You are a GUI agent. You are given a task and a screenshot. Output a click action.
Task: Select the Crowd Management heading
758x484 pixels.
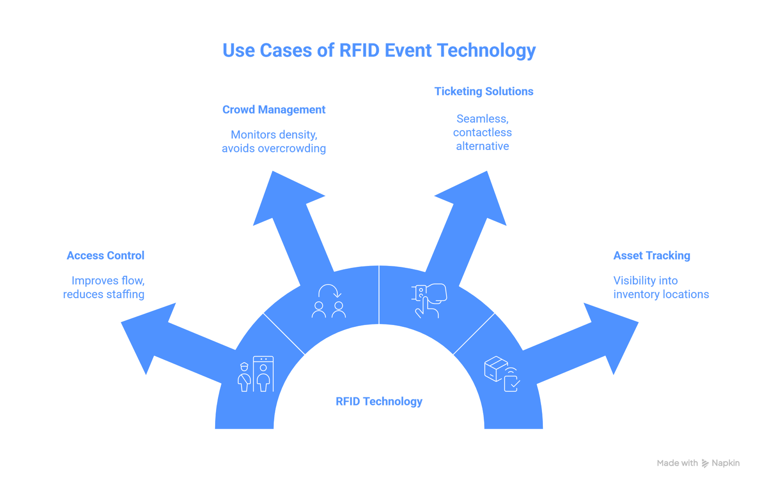click(274, 110)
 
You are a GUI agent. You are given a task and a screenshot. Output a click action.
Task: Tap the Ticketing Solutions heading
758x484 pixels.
click(484, 91)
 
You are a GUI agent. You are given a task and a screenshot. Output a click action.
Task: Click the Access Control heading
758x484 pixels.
click(105, 256)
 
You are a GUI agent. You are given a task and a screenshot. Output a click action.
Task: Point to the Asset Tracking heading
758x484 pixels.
click(651, 256)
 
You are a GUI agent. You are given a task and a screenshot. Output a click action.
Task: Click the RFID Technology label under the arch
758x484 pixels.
click(379, 402)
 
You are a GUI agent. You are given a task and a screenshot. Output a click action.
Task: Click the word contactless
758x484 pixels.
click(482, 132)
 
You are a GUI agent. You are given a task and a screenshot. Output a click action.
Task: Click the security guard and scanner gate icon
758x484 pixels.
click(255, 374)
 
